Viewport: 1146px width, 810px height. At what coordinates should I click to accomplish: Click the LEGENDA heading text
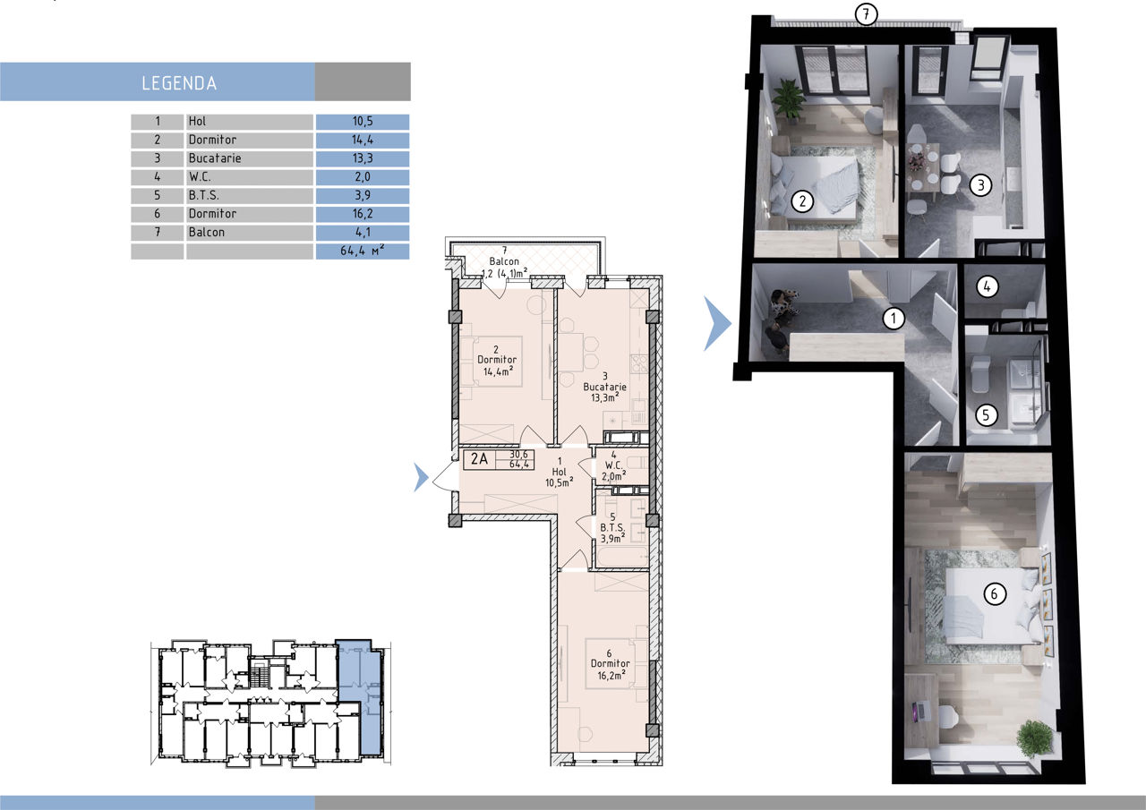click(x=179, y=83)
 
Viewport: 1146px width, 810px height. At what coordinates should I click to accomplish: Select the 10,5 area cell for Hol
click(x=363, y=121)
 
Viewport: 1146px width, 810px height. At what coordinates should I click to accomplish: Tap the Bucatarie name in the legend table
click(x=214, y=158)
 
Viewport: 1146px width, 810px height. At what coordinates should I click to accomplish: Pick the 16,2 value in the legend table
click(x=363, y=214)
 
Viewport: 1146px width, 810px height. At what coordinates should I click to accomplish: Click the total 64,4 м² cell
click(x=363, y=251)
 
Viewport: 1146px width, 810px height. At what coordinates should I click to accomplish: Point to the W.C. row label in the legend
click(x=200, y=177)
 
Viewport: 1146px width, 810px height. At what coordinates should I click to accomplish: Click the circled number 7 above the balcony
click(x=866, y=13)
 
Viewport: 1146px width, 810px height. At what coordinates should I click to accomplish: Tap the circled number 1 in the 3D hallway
click(x=894, y=319)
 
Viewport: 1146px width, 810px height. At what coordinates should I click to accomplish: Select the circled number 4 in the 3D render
click(x=987, y=286)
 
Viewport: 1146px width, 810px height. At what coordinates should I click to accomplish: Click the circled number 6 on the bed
click(x=995, y=593)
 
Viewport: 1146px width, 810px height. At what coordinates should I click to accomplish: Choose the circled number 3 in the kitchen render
click(x=980, y=184)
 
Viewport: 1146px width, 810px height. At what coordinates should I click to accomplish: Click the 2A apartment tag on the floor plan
click(x=479, y=458)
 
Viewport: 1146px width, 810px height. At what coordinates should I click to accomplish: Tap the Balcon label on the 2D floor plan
click(x=504, y=261)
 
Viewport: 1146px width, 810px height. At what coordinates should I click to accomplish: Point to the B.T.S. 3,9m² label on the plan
click(x=612, y=528)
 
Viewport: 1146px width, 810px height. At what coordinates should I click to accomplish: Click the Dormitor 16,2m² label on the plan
click(x=610, y=664)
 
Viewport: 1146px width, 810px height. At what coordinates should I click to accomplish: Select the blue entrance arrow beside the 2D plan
click(x=421, y=477)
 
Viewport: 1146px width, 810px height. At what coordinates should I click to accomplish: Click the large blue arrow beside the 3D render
click(x=717, y=323)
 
